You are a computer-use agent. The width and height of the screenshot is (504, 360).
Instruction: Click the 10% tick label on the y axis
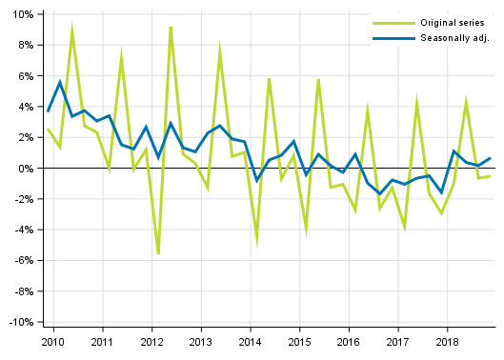23,14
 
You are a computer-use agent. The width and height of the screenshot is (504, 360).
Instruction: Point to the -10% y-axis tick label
21,322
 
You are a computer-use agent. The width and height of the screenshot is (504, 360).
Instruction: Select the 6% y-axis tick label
25,76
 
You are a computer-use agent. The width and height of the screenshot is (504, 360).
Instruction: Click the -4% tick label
23,230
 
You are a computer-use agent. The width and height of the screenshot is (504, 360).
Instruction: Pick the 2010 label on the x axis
53,341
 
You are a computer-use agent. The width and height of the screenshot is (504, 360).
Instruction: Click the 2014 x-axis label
250,341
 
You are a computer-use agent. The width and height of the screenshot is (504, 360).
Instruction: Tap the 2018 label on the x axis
446,341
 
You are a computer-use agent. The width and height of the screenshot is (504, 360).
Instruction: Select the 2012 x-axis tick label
151,341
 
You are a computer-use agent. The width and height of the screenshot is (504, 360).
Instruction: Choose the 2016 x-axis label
348,341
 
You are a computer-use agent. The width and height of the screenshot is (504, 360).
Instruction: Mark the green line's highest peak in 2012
171,28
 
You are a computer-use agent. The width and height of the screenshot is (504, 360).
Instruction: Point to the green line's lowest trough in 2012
158,253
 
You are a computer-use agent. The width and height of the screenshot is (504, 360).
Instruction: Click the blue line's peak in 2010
60,82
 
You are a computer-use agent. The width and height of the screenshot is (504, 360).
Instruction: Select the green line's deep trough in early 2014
256,241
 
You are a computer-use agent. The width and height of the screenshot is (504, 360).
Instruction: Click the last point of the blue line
490,158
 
